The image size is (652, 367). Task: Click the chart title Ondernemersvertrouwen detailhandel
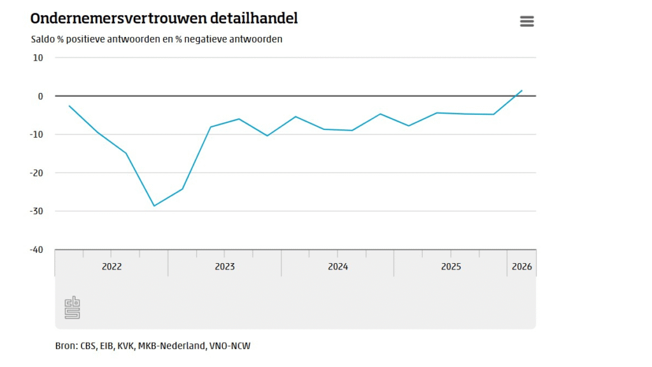pyautogui.click(x=164, y=18)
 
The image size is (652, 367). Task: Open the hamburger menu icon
pyautogui.click(x=527, y=22)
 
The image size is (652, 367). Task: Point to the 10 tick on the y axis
pyautogui.click(x=38, y=57)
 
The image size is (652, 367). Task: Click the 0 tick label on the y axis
pyautogui.click(x=40, y=96)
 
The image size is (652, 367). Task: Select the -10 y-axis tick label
pyautogui.click(x=36, y=134)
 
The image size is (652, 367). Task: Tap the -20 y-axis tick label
pyautogui.click(x=36, y=173)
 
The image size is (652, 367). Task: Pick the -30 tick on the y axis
pyautogui.click(x=36, y=211)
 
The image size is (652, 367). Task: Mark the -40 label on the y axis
pyautogui.click(x=36, y=249)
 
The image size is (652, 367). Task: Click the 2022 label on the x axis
pyautogui.click(x=111, y=266)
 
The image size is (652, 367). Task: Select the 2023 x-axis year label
pyautogui.click(x=225, y=266)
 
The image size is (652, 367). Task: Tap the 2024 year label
pyautogui.click(x=338, y=266)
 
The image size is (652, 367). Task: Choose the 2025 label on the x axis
pyautogui.click(x=451, y=266)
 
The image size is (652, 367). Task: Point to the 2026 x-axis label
pyautogui.click(x=521, y=266)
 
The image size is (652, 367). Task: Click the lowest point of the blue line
pyautogui.click(x=154, y=206)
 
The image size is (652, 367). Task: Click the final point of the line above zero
pyautogui.click(x=522, y=90)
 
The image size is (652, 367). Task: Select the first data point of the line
pyautogui.click(x=69, y=106)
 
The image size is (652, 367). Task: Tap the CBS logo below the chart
pyautogui.click(x=72, y=308)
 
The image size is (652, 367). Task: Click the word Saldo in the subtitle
pyautogui.click(x=42, y=39)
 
